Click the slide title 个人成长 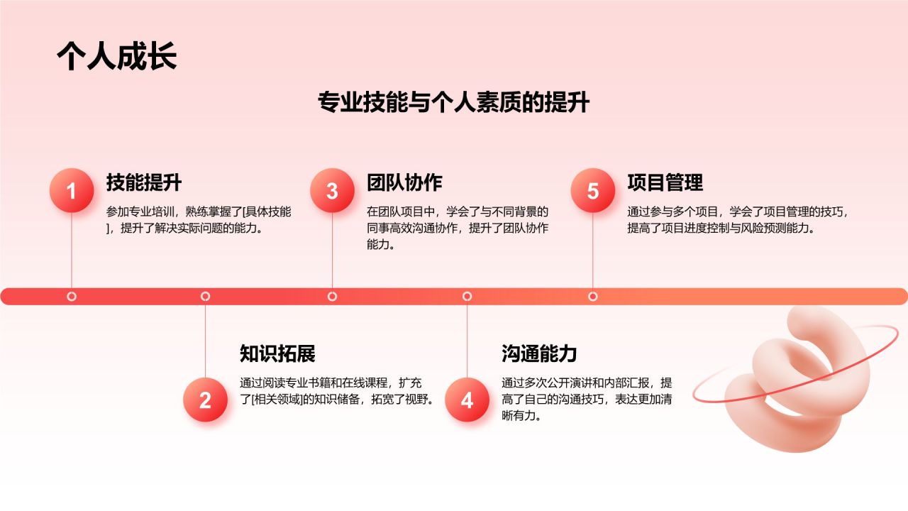tap(116, 57)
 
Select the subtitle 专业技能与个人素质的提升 tap(454, 103)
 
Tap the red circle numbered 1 tap(71, 190)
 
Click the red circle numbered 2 tap(205, 400)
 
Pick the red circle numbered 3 tap(332, 190)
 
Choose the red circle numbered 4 tap(467, 400)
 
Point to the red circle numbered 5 tap(593, 190)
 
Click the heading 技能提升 tap(144, 182)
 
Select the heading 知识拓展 tap(277, 353)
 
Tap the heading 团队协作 tap(404, 182)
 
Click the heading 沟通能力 tap(539, 353)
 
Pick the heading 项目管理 tap(665, 182)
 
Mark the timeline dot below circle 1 tap(72, 296)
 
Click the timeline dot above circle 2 tap(205, 296)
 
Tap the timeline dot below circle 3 tap(332, 296)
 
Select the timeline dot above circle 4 tap(467, 296)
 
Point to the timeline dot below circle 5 tap(593, 296)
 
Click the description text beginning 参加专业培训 tap(199, 220)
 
